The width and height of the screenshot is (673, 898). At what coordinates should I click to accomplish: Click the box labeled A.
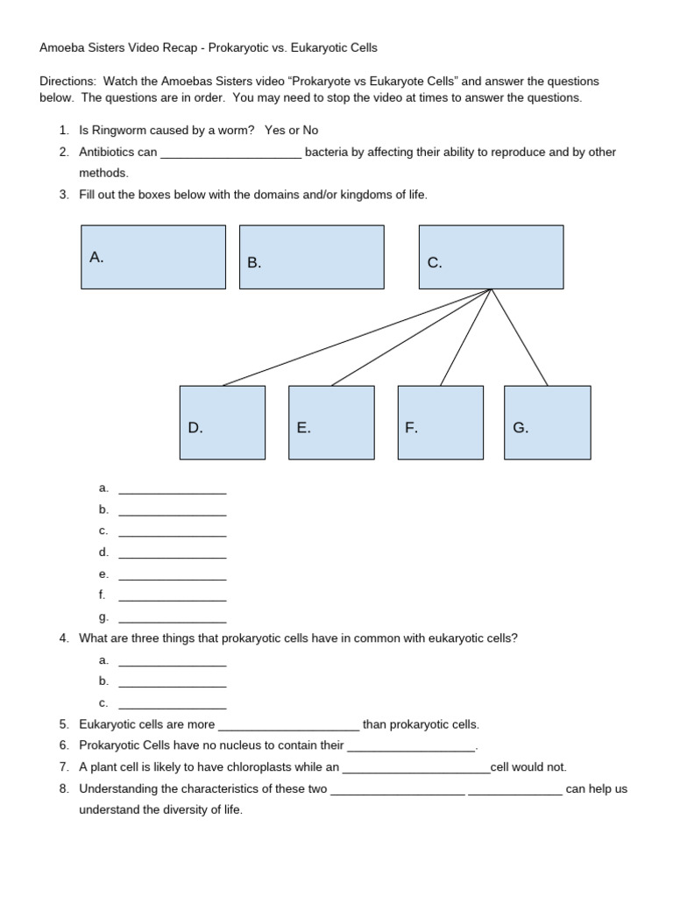[x=153, y=257]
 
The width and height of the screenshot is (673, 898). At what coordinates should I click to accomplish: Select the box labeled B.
[x=311, y=257]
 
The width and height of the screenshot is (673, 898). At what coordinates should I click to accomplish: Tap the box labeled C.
[x=491, y=257]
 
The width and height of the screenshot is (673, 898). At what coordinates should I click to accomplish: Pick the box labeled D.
[x=222, y=423]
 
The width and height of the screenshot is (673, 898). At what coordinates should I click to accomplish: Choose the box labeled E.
[x=331, y=423]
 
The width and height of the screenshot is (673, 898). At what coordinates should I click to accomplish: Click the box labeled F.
[x=440, y=423]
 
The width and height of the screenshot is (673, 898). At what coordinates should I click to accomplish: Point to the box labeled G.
[x=548, y=423]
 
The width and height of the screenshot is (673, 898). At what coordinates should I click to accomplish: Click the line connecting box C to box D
[x=355, y=338]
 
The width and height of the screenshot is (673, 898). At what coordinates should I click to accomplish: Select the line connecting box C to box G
[x=520, y=338]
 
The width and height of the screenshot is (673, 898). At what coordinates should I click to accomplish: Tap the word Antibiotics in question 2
[x=107, y=152]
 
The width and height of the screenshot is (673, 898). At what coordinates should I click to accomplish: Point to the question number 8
[x=64, y=788]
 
